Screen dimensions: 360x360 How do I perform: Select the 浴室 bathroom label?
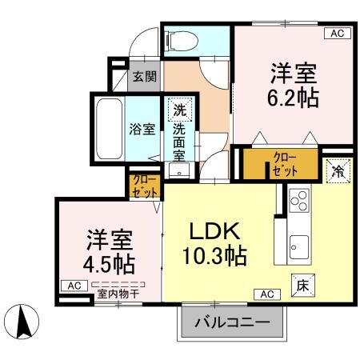pos(142,130)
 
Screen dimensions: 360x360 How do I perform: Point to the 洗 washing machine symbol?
pos(180,110)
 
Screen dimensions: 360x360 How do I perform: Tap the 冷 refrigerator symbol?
pos(338,170)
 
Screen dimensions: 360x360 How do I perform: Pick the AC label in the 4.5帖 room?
pos(74,286)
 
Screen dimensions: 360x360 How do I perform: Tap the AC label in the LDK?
pos(266,294)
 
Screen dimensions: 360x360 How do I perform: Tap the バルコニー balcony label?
pos(231,325)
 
